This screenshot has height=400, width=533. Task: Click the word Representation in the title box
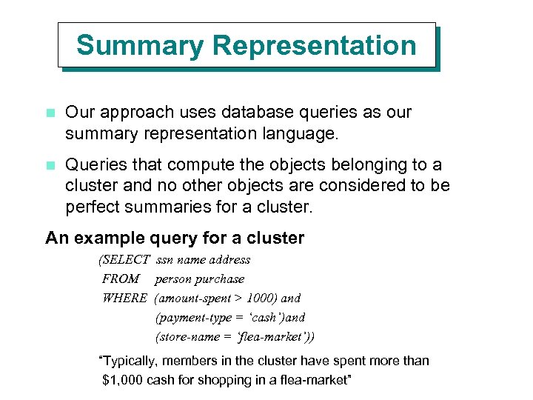click(x=314, y=46)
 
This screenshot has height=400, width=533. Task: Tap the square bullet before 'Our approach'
click(x=50, y=114)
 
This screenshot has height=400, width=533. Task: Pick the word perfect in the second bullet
click(x=92, y=207)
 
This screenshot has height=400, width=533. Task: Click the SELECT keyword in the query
click(x=124, y=260)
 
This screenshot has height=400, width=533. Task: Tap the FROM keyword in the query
click(x=121, y=279)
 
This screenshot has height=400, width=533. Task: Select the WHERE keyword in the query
click(x=124, y=299)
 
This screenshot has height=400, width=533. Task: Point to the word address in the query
click(x=229, y=260)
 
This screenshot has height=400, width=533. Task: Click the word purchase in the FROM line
click(x=220, y=279)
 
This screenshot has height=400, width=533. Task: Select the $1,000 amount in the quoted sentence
click(x=122, y=381)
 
